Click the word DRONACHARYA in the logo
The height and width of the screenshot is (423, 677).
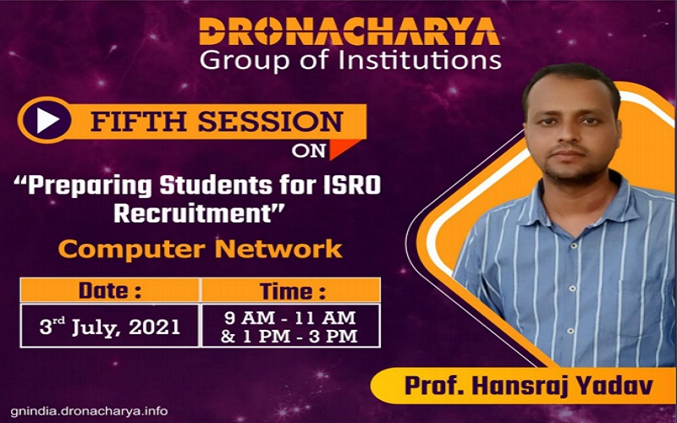tap(349, 31)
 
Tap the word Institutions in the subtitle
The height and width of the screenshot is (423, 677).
tap(420, 60)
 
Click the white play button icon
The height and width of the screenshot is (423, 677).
tap(47, 120)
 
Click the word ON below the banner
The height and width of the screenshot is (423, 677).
tap(309, 151)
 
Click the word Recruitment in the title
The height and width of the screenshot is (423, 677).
tap(194, 213)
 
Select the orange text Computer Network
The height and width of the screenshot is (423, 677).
tap(200, 250)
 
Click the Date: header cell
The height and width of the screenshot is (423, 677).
tap(110, 290)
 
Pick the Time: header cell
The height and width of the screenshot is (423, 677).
tap(291, 290)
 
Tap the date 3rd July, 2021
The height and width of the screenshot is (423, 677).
tap(110, 327)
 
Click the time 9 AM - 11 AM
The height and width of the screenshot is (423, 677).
tap(289, 318)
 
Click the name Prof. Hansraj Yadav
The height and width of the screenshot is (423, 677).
tap(528, 386)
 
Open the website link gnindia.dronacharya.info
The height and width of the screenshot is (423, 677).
tap(89, 411)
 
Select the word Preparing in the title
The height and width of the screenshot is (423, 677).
tap(90, 186)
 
